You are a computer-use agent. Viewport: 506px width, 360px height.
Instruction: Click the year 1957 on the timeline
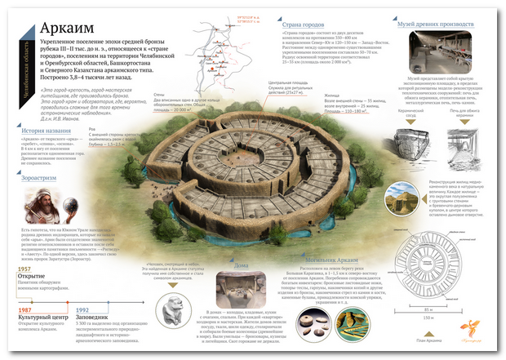(24, 268)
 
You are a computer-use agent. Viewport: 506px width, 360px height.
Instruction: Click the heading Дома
(242, 265)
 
